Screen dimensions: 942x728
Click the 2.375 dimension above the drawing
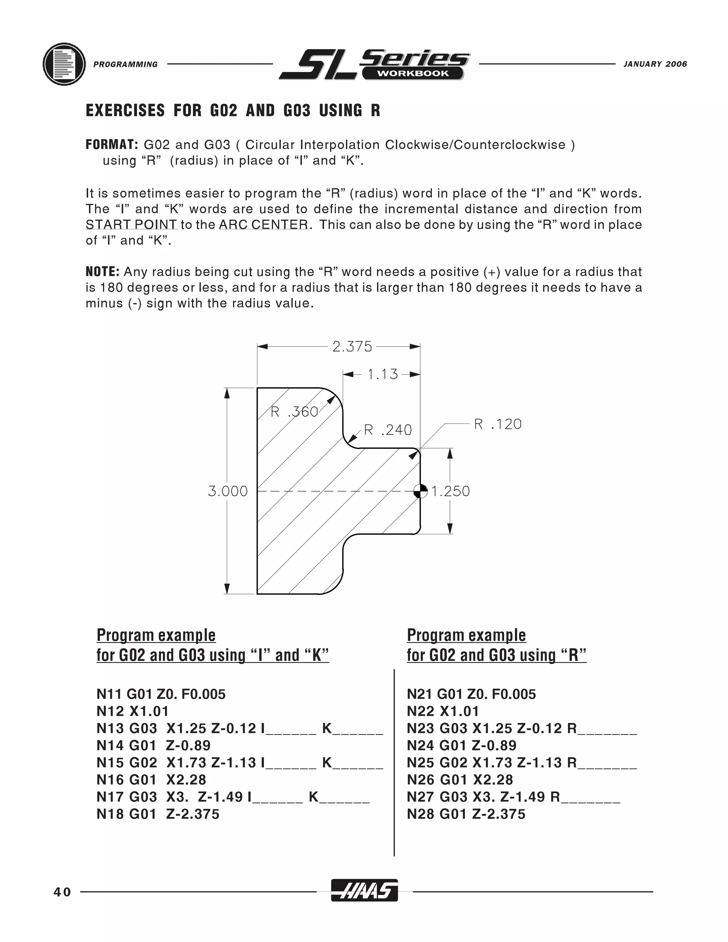coord(352,346)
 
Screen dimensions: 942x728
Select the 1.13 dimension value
coord(382,374)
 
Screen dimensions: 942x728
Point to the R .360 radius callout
coord(294,412)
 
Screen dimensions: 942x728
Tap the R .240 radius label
coord(388,430)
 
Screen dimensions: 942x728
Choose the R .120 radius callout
coord(498,424)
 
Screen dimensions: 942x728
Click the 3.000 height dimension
coord(228,491)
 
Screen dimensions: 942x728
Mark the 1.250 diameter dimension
coord(451,491)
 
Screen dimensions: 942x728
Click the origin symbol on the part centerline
coord(420,491)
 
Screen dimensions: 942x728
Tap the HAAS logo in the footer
coord(364,890)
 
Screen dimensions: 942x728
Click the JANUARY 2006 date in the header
coord(655,64)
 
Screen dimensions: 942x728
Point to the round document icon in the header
coord(64,64)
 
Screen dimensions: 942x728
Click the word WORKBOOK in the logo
coord(413,73)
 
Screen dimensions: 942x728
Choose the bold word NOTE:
coord(102,272)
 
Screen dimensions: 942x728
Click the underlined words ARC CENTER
coord(263,225)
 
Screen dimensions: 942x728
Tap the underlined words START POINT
coord(131,225)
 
